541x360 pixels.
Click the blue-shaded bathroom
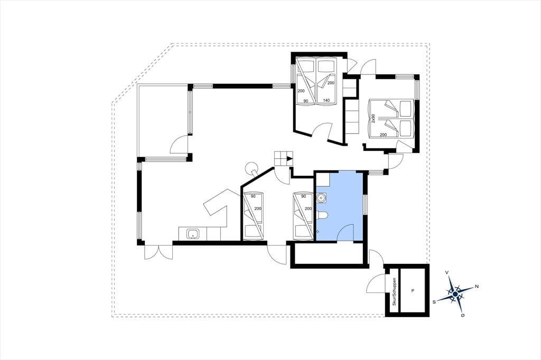coord(340,206)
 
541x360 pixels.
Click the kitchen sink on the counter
coord(192,234)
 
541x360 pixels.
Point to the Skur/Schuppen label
coord(394,291)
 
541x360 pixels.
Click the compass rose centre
coord(455,294)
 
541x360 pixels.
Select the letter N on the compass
coord(477,286)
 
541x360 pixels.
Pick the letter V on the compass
coord(447,272)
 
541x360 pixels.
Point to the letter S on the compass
coord(434,301)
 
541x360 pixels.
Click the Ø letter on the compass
coord(462,315)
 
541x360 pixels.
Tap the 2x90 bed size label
coord(373,119)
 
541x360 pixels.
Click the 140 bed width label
coord(326,100)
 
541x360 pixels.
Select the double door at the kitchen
coord(158,252)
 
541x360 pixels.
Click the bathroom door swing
coord(345,232)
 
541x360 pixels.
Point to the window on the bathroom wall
coord(366,204)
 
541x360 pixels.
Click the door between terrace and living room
coord(180,144)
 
